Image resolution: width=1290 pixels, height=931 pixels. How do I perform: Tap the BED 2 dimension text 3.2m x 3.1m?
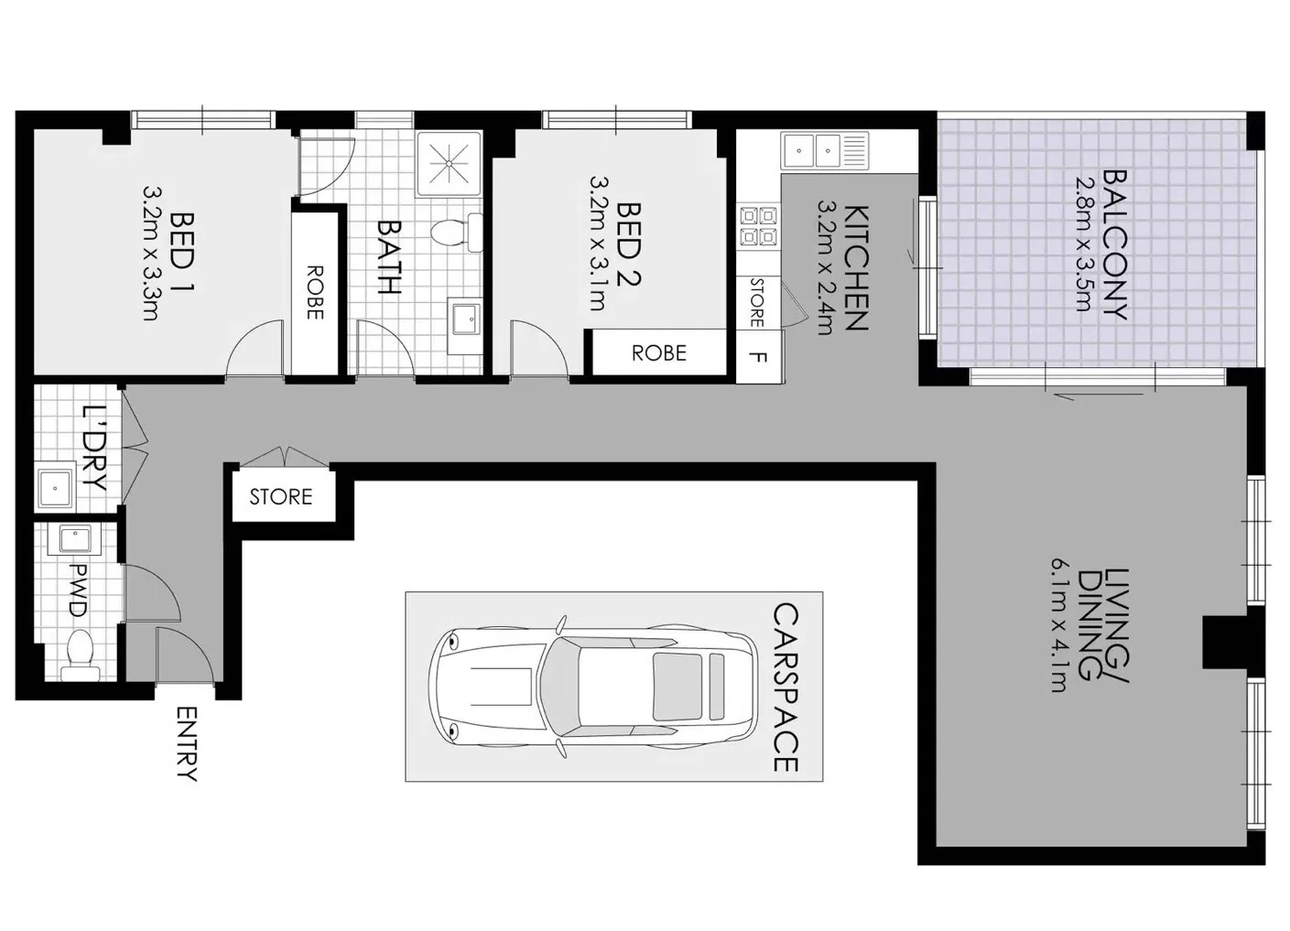tap(596, 244)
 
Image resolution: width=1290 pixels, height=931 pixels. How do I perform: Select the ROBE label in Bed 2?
tap(658, 353)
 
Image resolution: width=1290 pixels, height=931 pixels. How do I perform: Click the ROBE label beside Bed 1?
tap(314, 292)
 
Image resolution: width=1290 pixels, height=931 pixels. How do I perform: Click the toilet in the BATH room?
tap(454, 233)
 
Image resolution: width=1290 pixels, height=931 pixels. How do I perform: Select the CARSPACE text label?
tap(786, 687)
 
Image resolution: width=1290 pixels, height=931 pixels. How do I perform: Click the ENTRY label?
tap(186, 743)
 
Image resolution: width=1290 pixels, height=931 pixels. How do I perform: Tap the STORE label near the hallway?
tap(281, 497)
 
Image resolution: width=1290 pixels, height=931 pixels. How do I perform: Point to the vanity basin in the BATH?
tap(468, 320)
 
